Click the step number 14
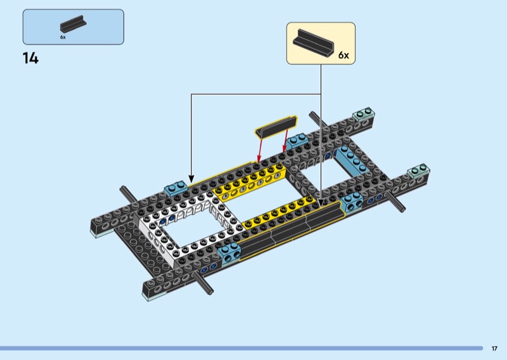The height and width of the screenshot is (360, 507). pyautogui.click(x=30, y=58)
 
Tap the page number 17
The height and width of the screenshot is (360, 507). pyautogui.click(x=494, y=349)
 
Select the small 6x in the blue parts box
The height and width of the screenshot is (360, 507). pyautogui.click(x=63, y=37)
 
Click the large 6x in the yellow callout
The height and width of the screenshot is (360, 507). pyautogui.click(x=343, y=55)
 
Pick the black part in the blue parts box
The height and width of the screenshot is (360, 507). pyautogui.click(x=73, y=24)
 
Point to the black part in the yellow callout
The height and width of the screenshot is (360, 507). pyautogui.click(x=313, y=43)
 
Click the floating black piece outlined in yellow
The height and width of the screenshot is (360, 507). pyautogui.click(x=276, y=127)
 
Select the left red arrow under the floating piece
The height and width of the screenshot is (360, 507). pyautogui.click(x=260, y=150)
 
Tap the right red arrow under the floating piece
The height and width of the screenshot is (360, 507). pyautogui.click(x=286, y=141)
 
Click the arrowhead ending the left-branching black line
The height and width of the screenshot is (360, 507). pyautogui.click(x=191, y=179)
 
